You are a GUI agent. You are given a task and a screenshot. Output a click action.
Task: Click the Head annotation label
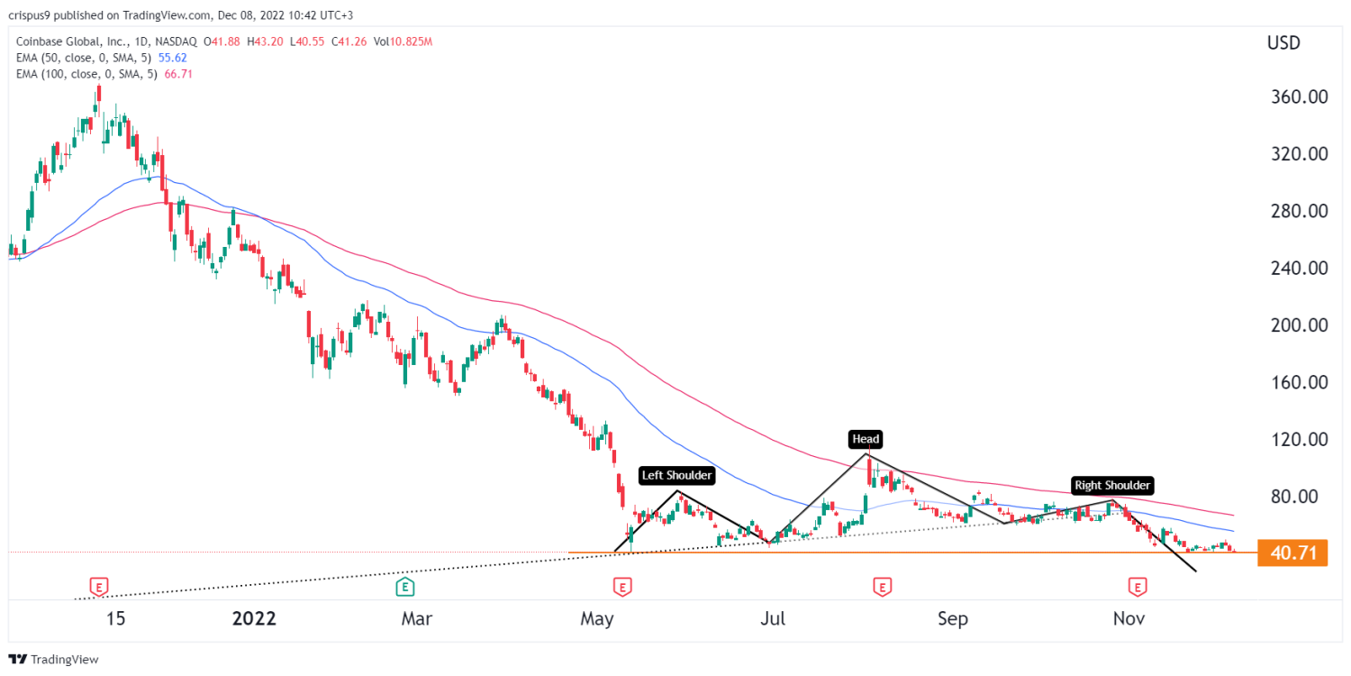click(x=865, y=440)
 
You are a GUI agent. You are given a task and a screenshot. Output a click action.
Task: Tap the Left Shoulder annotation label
click(x=676, y=475)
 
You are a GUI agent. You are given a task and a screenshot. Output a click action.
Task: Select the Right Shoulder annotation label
click(x=1112, y=486)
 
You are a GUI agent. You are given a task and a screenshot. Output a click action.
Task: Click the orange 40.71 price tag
click(x=1292, y=552)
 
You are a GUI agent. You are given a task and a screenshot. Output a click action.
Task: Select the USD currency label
click(x=1283, y=42)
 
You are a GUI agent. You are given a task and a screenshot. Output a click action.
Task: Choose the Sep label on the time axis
click(x=953, y=619)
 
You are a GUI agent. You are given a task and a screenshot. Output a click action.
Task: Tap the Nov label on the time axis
click(x=1129, y=619)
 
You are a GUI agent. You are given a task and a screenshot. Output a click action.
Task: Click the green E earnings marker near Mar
click(x=405, y=588)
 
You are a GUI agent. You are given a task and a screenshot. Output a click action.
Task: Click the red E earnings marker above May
click(x=621, y=588)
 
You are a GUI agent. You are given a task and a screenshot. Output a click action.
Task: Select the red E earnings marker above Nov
click(x=1138, y=588)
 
